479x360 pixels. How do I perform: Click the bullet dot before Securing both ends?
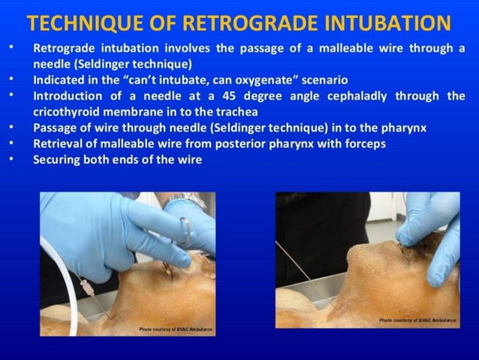point(10,159)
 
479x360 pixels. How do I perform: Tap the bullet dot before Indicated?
point(10,79)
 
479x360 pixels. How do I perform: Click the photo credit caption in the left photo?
point(175,329)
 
